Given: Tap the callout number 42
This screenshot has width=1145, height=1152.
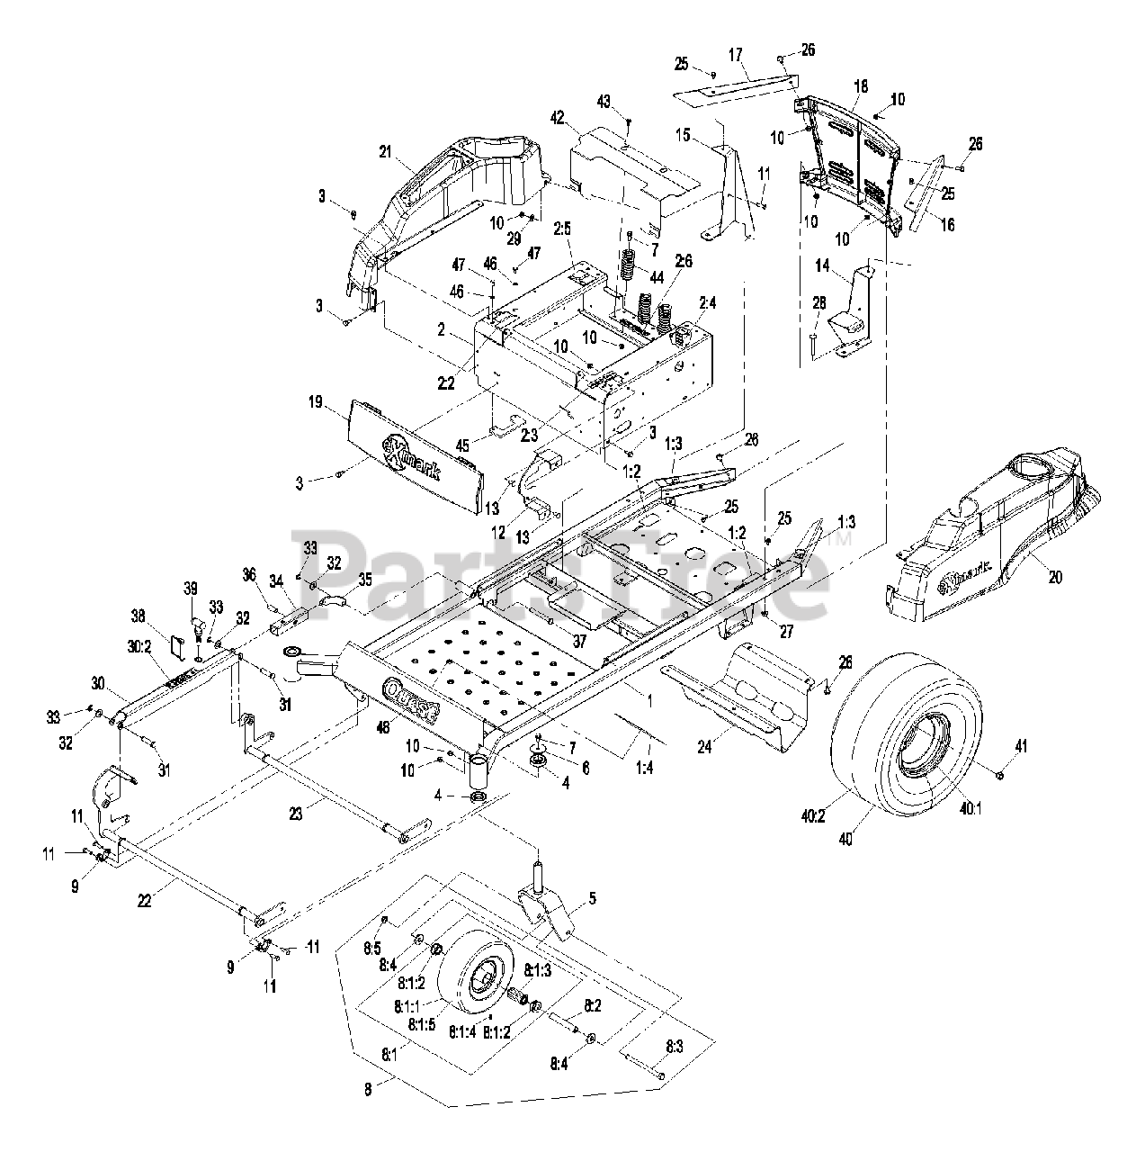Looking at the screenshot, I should (x=558, y=117).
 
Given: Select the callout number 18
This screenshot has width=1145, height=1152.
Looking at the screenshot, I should (x=861, y=87).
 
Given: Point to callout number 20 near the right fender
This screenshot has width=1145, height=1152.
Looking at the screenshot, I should (x=1054, y=577).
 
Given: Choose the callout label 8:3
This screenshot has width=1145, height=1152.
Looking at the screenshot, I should (x=675, y=1046).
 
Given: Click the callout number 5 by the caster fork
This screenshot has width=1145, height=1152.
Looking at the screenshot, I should (x=592, y=897).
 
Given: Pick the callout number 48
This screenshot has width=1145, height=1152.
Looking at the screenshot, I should (x=384, y=728).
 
